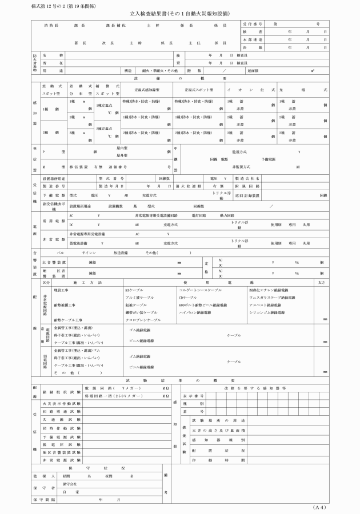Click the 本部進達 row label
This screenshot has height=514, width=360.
[252, 40]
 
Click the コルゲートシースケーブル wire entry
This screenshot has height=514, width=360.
[200, 291]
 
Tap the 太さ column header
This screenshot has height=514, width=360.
[322, 283]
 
